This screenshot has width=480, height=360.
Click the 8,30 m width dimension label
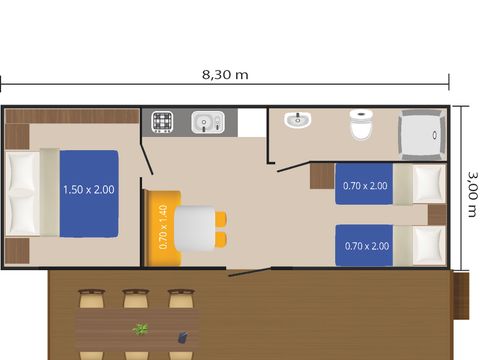point(225,75)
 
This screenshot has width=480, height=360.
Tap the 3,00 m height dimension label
point(472,194)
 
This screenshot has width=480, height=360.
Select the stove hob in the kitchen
point(162,122)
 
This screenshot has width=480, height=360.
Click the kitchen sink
point(208,122)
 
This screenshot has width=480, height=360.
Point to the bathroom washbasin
point(298,120)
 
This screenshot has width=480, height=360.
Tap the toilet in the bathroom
point(360,125)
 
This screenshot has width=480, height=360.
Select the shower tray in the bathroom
point(422,135)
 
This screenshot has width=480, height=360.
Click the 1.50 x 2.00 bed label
point(89,190)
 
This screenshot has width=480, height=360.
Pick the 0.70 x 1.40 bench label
point(163,227)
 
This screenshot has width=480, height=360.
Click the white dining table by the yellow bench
point(195,228)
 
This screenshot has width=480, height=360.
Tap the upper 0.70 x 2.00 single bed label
point(365,186)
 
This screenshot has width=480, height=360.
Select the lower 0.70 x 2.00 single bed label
point(367,246)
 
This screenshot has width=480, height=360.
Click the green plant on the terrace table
point(140,329)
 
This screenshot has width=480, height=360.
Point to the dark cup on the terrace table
point(182,337)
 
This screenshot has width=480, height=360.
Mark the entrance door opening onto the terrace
point(249,272)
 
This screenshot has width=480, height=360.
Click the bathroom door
point(294,167)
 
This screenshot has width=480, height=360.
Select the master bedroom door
point(147,158)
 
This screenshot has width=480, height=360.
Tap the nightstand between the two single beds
point(437,215)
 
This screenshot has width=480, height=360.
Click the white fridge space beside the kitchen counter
point(252,122)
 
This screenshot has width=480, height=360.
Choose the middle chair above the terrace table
point(136,299)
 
